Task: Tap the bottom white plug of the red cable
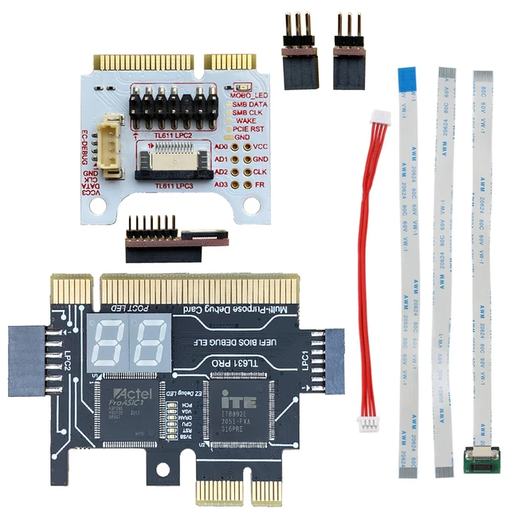(368, 425)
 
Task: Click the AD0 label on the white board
(222, 147)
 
